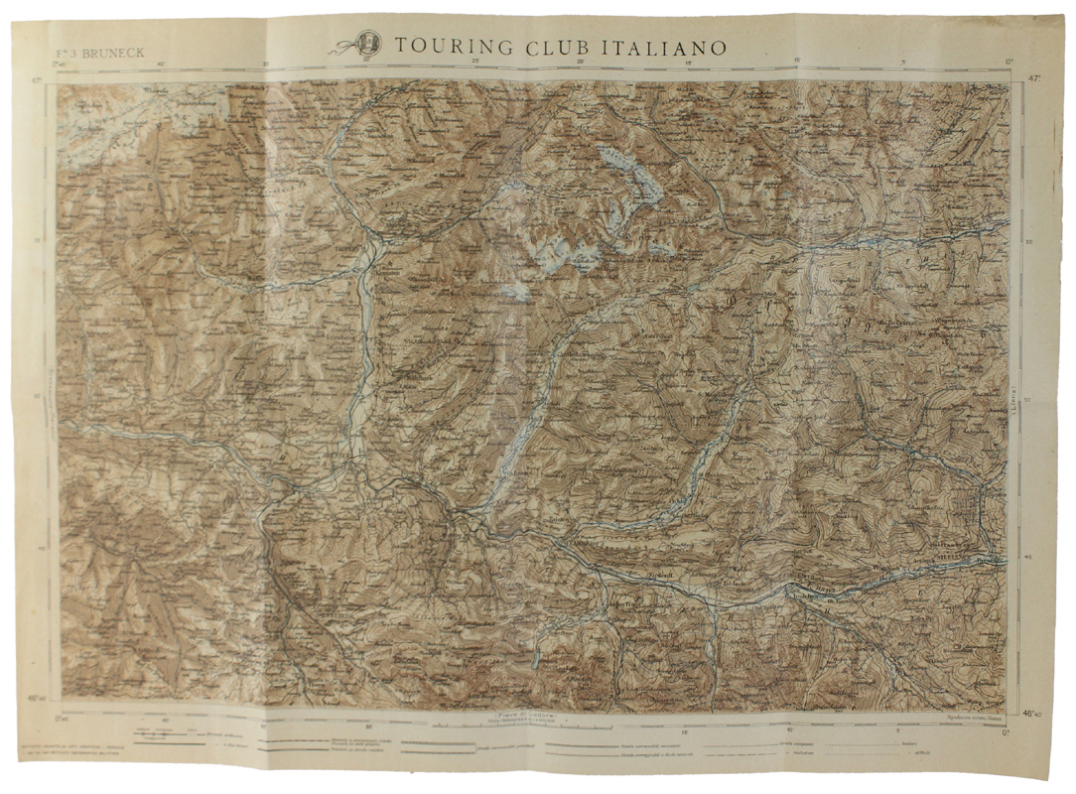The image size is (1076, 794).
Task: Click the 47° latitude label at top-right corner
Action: (1033, 76)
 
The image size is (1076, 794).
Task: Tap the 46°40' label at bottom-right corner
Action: (1033, 714)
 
